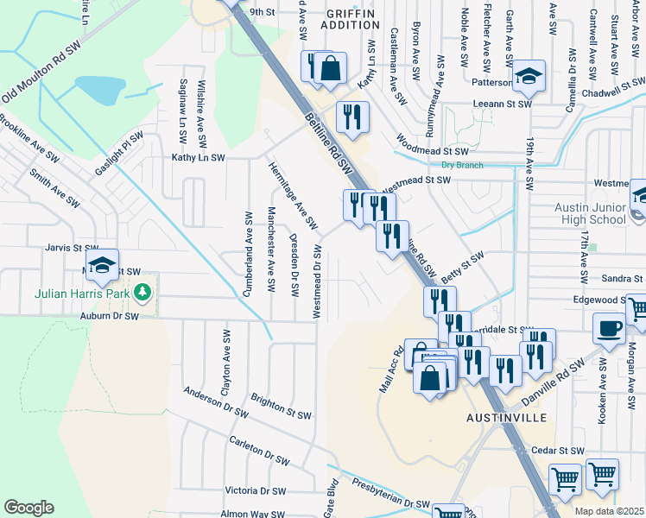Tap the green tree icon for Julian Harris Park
(144, 293)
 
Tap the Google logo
(28, 508)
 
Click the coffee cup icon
(610, 327)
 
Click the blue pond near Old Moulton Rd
(102, 87)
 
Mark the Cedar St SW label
(559, 451)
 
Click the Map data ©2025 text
(609, 511)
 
